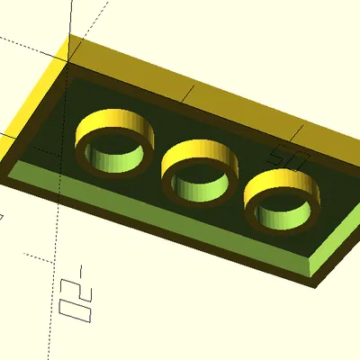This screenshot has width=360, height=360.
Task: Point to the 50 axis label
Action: (x=290, y=156)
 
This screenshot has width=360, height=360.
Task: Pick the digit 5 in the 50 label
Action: (x=283, y=152)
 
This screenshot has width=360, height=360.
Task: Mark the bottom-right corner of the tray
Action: (x=317, y=286)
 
